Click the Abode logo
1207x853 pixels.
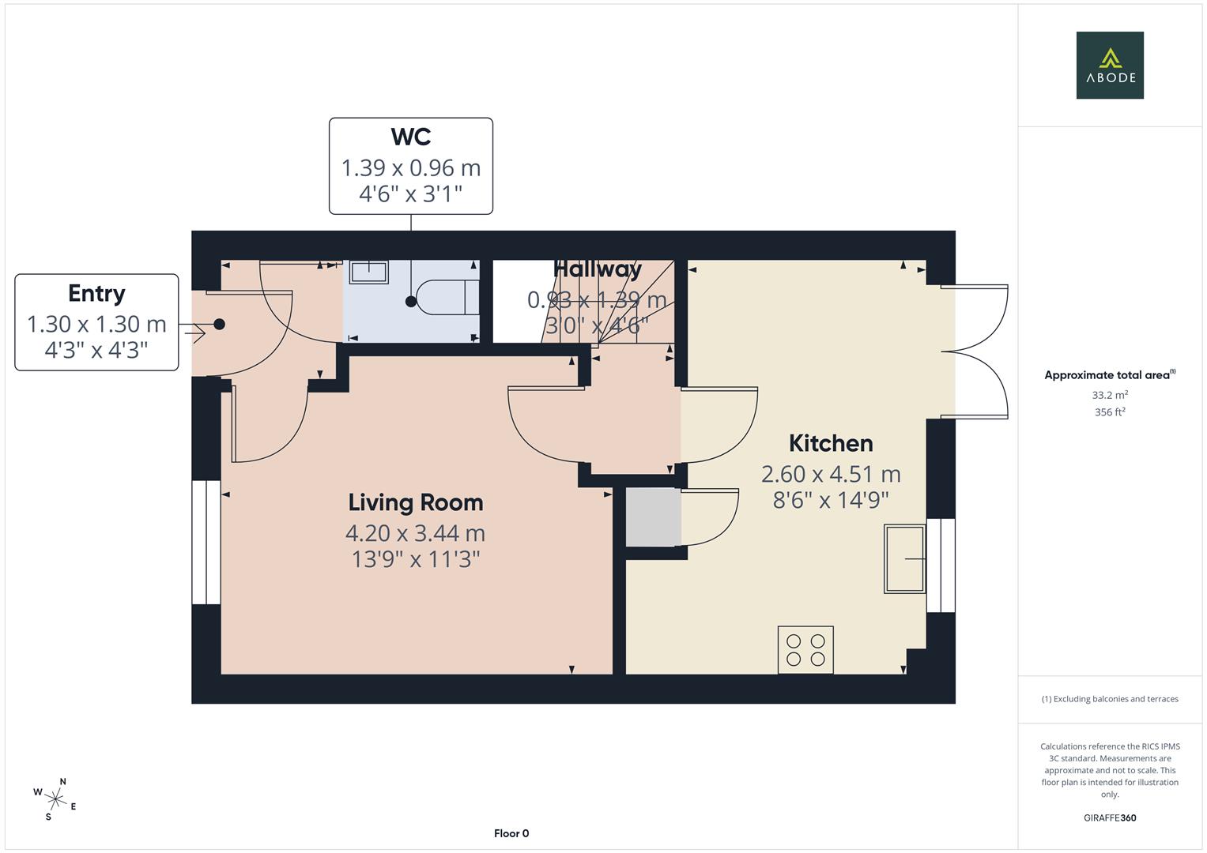click(1109, 65)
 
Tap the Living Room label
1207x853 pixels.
click(415, 502)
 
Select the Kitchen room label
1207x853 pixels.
click(830, 443)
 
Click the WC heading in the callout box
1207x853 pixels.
click(410, 137)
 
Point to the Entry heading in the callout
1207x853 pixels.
click(96, 293)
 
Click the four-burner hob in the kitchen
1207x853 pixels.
click(805, 649)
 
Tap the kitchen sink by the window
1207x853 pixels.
click(904, 558)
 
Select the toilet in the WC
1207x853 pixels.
click(447, 298)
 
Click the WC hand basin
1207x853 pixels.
click(368, 272)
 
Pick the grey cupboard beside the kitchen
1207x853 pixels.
click(653, 517)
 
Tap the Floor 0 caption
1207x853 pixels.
click(511, 833)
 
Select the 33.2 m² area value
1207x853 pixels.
click(1109, 395)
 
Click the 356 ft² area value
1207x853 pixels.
click(1109, 412)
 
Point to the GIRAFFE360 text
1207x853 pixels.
click(1109, 817)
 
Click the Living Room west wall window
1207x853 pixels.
click(206, 542)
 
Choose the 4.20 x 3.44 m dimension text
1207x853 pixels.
click(415, 533)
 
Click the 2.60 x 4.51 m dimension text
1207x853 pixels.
click(830, 474)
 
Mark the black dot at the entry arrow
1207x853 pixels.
click(219, 324)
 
